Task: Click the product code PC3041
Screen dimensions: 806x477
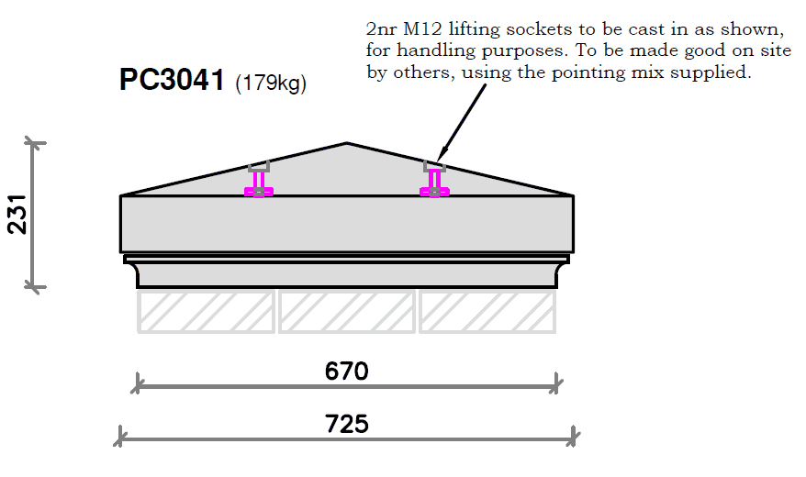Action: [172, 80]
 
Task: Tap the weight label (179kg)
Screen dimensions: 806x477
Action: [271, 83]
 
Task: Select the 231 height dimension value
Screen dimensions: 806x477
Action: [17, 214]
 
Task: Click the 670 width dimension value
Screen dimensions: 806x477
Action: [346, 372]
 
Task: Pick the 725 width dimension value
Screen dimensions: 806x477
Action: [347, 424]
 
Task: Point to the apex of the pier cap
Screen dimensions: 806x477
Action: [347, 143]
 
